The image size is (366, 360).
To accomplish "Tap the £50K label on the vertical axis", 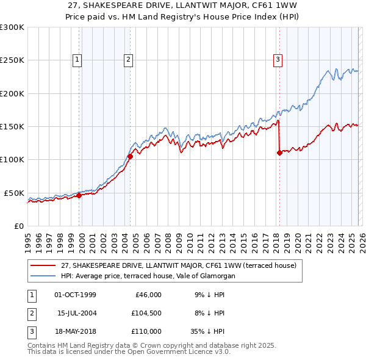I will coord(13,193).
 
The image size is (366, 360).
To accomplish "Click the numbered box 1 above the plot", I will coord(78,60).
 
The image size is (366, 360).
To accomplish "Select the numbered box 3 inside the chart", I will coord(278,60).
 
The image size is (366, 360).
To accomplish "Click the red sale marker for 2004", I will coord(130,157).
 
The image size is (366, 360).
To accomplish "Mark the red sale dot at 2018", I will coord(279,153).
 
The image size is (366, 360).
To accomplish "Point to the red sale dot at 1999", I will coord(79,195).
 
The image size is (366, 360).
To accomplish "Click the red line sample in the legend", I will coord(43,265).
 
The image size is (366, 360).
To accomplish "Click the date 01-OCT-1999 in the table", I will coord(75,295).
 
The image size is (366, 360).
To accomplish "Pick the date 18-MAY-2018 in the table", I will coord(75,331).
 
